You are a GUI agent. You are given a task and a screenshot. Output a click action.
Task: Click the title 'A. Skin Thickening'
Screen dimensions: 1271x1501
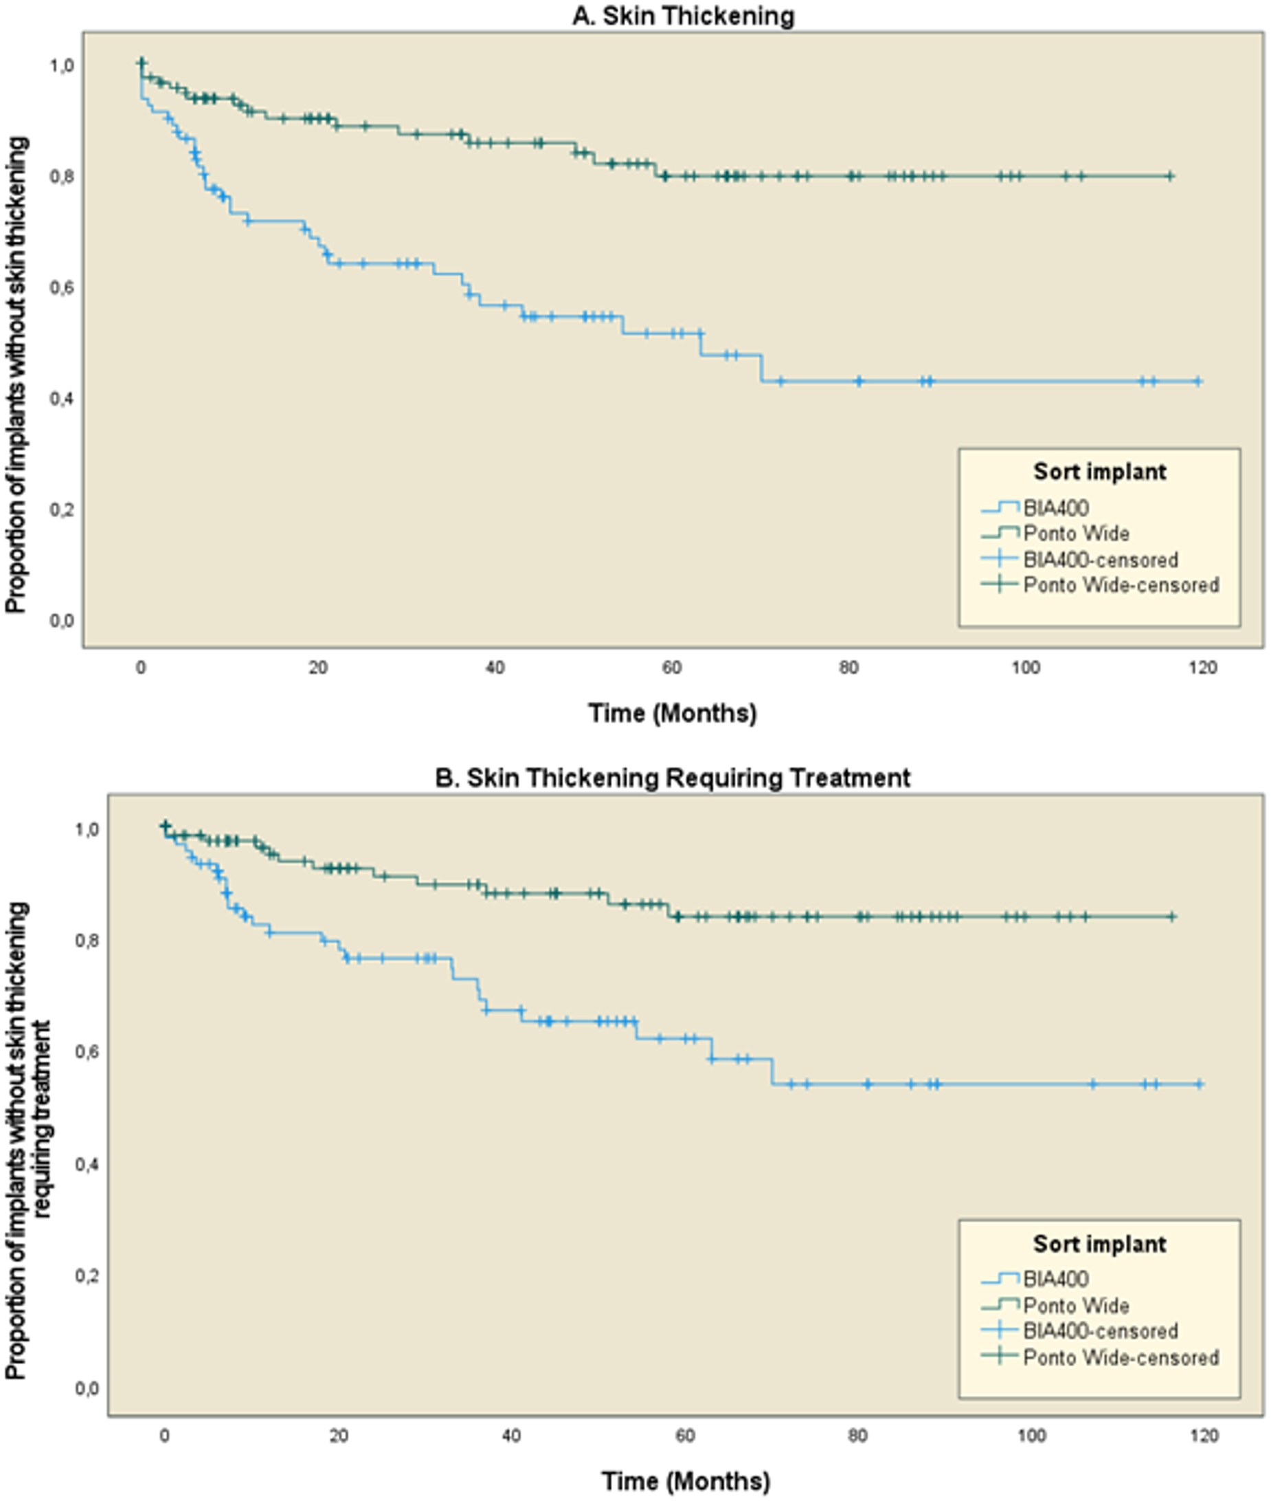pyautogui.click(x=683, y=15)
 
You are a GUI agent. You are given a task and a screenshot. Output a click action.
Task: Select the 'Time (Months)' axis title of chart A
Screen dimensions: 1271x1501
pyautogui.click(x=672, y=713)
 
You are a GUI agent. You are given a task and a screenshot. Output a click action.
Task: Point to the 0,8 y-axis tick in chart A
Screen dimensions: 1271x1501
pyautogui.click(x=61, y=177)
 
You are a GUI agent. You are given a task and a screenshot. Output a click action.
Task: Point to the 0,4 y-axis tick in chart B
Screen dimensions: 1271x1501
pyautogui.click(x=87, y=1164)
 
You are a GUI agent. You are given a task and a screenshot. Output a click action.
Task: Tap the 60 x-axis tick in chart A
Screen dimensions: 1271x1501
pyautogui.click(x=671, y=668)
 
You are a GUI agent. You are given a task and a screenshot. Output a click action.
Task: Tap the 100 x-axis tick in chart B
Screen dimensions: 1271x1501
pyautogui.click(x=1031, y=1436)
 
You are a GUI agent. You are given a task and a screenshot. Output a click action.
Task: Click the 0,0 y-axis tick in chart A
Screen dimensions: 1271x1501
pyautogui.click(x=61, y=621)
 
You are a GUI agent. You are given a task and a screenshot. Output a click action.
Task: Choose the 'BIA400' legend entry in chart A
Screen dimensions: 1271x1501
pyautogui.click(x=1055, y=508)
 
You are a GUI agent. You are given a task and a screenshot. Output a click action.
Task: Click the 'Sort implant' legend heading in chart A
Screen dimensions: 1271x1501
pyautogui.click(x=1099, y=472)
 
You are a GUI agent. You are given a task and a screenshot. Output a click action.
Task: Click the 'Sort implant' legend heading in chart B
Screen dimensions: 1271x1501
pyautogui.click(x=1099, y=1244)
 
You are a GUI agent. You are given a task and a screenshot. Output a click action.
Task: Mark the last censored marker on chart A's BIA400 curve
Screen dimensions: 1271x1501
pyautogui.click(x=1197, y=382)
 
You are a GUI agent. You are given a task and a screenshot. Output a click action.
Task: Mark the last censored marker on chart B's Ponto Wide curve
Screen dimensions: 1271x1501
pyautogui.click(x=1171, y=917)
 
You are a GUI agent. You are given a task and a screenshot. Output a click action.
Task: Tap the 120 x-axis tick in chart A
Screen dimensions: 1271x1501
pyautogui.click(x=1202, y=668)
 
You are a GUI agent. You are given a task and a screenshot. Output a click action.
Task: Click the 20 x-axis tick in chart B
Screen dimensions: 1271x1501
pyautogui.click(x=339, y=1436)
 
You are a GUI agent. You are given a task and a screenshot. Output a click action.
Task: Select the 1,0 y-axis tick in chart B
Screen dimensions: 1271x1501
pyautogui.click(x=87, y=830)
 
